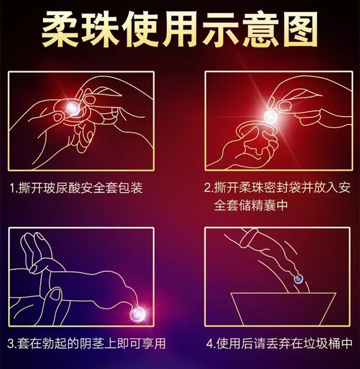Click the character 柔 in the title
tap(60, 29)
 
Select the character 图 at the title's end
tap(299, 29)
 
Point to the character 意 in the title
tap(259, 29)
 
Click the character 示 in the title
tap(219, 29)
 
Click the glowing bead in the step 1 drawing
tap(73, 108)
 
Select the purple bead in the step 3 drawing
tap(137, 314)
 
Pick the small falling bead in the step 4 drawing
tap(298, 279)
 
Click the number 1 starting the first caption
tap(12, 188)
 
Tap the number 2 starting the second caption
tap(207, 188)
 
